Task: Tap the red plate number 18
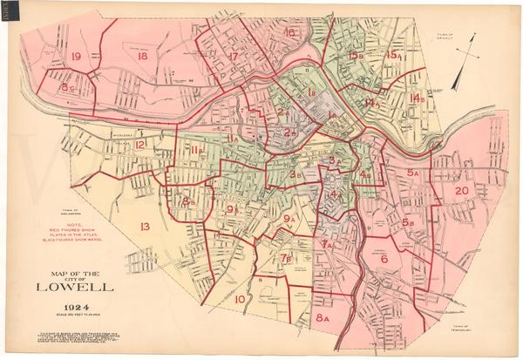click(x=142, y=56)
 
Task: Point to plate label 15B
click(x=355, y=56)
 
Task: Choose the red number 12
click(x=139, y=145)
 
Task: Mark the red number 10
click(x=240, y=299)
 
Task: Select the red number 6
click(x=384, y=258)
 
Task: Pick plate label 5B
click(x=408, y=222)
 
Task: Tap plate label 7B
click(x=286, y=257)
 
